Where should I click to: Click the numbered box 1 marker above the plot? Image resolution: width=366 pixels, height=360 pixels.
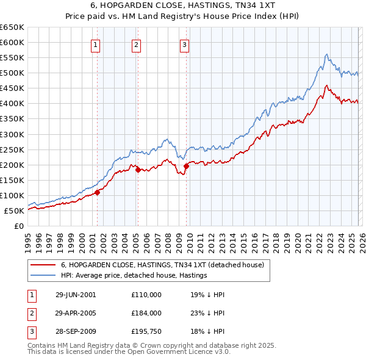96,44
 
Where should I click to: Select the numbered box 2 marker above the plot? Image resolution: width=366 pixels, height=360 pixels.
136,44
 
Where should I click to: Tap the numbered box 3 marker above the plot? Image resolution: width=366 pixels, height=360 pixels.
184,44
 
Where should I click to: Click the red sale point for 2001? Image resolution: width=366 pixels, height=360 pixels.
98,192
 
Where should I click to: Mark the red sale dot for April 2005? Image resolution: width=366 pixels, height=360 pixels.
138,170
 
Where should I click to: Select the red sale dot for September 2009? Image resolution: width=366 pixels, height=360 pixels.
186,165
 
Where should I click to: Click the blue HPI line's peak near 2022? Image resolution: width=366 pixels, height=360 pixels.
327,55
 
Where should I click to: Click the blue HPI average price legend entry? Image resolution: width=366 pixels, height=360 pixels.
134,275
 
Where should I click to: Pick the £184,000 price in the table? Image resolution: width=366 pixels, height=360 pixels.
146,313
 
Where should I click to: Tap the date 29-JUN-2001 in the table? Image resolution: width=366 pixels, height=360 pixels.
76,294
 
